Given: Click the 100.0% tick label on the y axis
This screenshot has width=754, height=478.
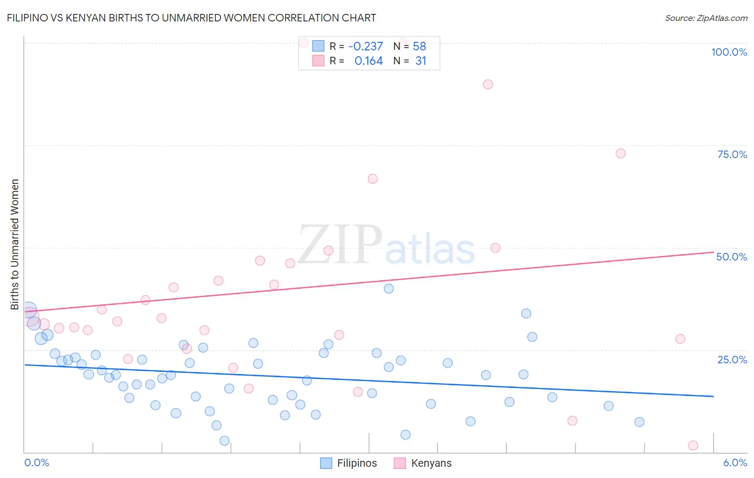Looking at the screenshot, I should (x=729, y=52).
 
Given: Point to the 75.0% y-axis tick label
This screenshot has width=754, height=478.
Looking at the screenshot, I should (x=732, y=154).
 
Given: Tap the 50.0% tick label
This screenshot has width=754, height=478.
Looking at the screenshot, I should (x=731, y=257).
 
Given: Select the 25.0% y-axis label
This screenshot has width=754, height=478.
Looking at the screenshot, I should (x=732, y=360).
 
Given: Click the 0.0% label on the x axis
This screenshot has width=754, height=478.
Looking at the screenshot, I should (x=36, y=462).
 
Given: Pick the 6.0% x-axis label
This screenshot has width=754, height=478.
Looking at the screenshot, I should (x=735, y=462).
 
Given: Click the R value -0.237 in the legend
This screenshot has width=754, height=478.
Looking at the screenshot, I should (x=365, y=46).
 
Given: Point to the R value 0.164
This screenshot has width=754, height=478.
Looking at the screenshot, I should (x=368, y=61).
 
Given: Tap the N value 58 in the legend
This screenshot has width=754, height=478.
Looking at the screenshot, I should (x=419, y=46).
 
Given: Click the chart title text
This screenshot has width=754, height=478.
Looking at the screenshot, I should (x=191, y=18).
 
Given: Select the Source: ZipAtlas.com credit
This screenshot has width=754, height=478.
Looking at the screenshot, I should (x=706, y=18).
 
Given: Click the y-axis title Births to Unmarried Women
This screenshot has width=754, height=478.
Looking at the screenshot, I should (x=14, y=244).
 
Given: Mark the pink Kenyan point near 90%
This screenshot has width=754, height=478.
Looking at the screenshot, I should (x=487, y=84).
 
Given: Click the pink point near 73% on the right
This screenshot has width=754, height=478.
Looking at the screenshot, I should (x=620, y=153).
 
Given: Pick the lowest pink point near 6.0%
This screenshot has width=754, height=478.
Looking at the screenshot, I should (x=693, y=445).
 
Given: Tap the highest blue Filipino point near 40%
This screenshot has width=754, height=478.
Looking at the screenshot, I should (x=389, y=289).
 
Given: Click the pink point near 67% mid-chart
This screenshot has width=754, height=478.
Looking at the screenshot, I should (x=373, y=179).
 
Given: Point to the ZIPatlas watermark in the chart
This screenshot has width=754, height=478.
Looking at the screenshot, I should (x=386, y=245).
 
